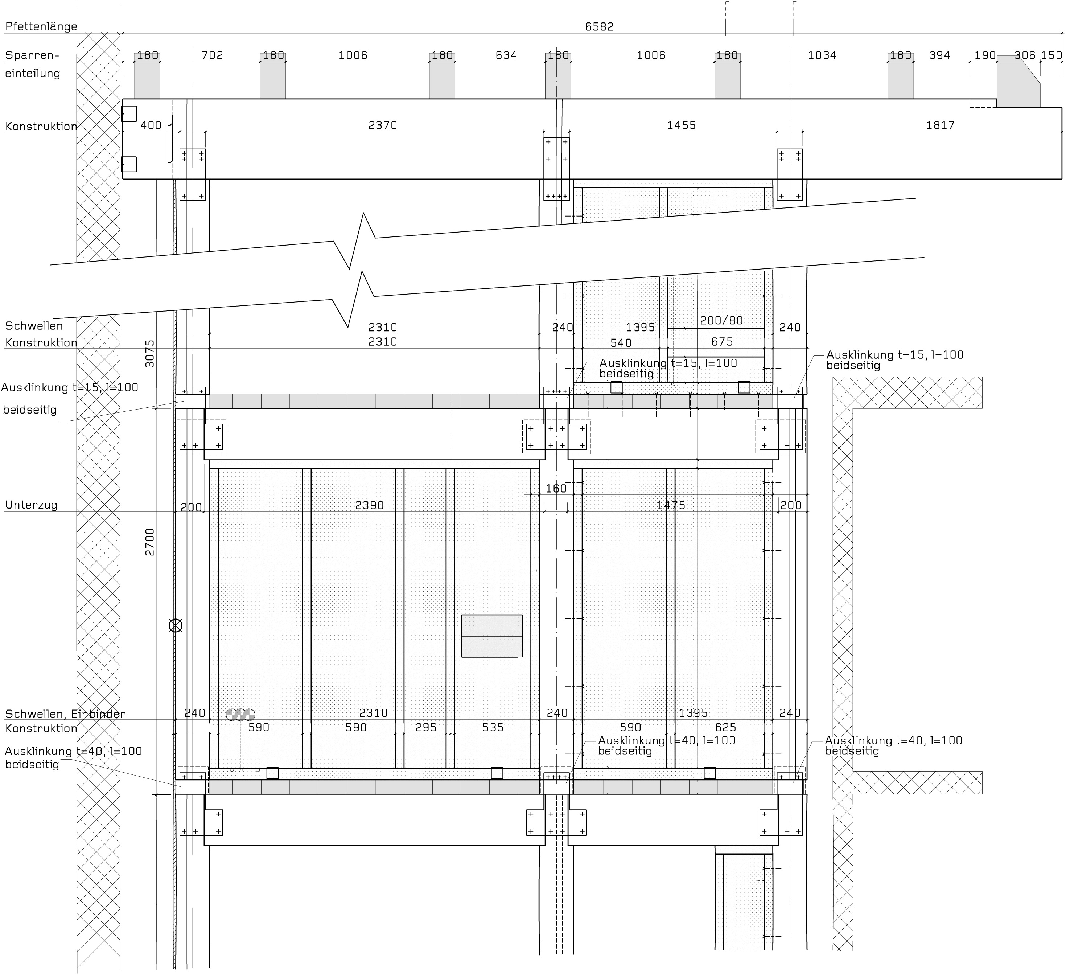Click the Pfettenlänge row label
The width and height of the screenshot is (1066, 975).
pos(41,26)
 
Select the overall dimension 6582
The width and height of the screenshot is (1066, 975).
pos(599,26)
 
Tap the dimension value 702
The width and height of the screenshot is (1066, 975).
pos(213,55)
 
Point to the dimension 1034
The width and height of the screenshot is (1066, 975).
pos(822,55)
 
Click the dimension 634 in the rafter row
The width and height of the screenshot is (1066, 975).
pos(506,55)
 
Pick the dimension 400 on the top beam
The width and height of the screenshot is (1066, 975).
pos(151,125)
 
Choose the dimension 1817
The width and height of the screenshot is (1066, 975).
pos(940,125)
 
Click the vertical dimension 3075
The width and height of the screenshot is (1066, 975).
pos(150,353)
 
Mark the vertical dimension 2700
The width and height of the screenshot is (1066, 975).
pos(150,542)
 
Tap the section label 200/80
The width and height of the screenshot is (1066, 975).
pos(721,320)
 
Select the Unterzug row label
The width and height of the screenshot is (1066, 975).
pos(31,505)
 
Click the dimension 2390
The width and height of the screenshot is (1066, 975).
pos(370,505)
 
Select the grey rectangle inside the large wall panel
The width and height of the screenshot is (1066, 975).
pos(492,636)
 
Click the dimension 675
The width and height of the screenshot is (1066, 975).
pos(722,342)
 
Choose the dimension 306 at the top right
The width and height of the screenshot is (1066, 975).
pos(1025,55)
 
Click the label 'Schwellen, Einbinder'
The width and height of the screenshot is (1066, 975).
pos(65,714)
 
